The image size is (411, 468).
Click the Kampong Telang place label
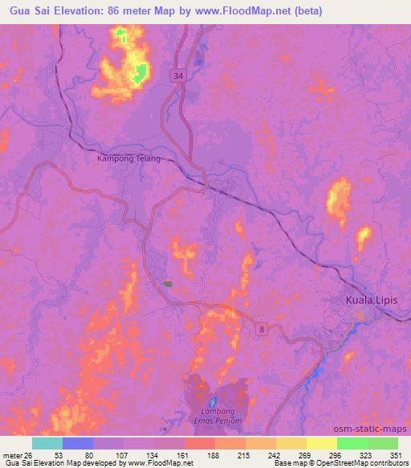point(128,158)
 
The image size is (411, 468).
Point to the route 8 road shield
point(261,329)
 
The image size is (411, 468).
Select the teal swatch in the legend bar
point(47,443)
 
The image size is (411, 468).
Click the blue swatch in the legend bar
point(78,443)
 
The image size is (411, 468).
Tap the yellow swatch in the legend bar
point(321,443)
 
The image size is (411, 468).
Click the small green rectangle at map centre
point(168,283)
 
